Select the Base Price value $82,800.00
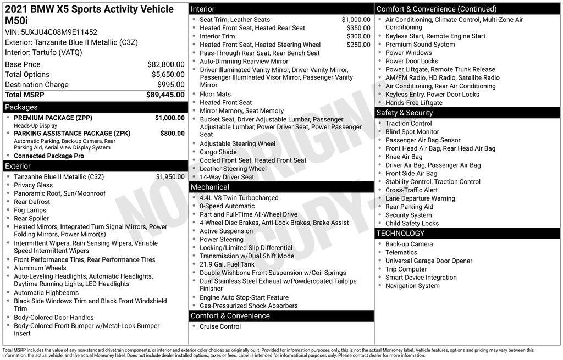(165, 64)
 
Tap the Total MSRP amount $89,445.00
(165, 95)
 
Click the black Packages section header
(95, 107)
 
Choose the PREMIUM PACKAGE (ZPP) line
(53, 118)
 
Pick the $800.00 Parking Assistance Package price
(172, 133)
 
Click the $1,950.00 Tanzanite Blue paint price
(170, 177)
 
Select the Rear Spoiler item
(31, 218)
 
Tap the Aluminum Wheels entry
(40, 268)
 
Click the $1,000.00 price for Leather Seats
(356, 20)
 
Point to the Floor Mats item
(216, 94)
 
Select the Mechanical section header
(281, 187)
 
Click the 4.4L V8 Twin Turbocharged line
(239, 198)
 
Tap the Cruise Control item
(220, 326)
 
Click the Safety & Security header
(467, 113)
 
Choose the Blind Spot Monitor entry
(412, 132)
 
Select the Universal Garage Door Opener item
(428, 261)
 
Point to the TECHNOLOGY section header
(467, 234)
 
